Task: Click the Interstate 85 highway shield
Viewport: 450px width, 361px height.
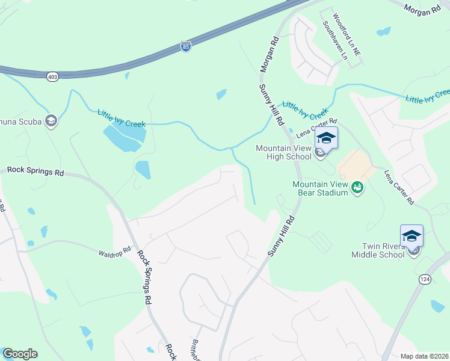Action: pyautogui.click(x=186, y=46)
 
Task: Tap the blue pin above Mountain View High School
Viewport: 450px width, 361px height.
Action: pyautogui.click(x=326, y=138)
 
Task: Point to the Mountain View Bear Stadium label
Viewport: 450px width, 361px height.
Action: pyautogui.click(x=320, y=188)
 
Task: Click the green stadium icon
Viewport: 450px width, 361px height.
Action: pyautogui.click(x=357, y=188)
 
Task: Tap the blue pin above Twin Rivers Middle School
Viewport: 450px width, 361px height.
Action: pyautogui.click(x=412, y=236)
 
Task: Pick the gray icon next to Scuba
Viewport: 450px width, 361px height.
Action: pyautogui.click(x=51, y=122)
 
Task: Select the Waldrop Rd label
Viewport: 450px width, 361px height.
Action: pyautogui.click(x=115, y=250)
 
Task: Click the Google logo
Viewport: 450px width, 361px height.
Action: pyautogui.click(x=20, y=354)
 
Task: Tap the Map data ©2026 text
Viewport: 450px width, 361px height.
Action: pyautogui.click(x=424, y=356)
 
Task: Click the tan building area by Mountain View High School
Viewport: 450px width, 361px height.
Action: pyautogui.click(x=355, y=164)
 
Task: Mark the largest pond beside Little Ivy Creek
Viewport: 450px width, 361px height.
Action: pyautogui.click(x=124, y=138)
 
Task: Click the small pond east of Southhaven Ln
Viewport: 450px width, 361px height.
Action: pyautogui.click(x=383, y=31)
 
